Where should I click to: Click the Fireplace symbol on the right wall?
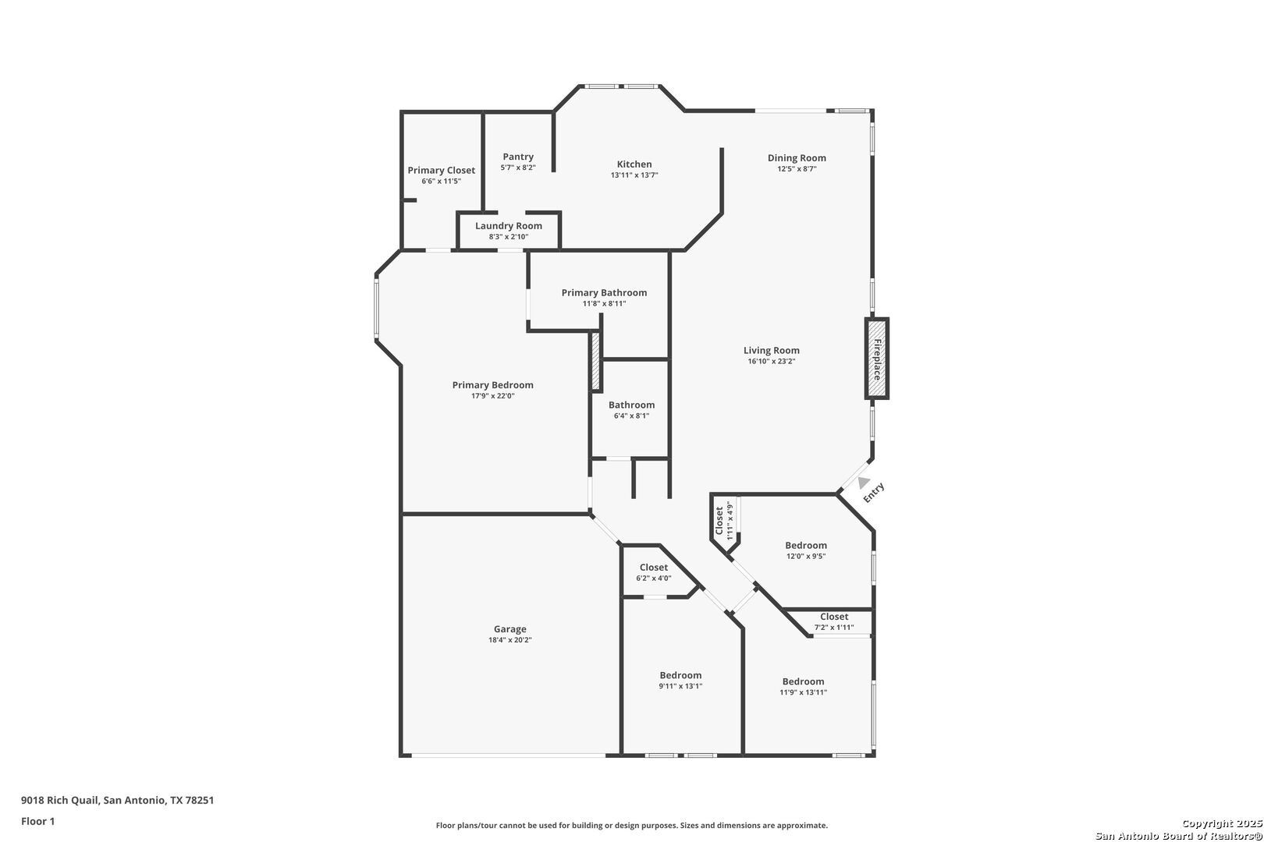click(x=877, y=359)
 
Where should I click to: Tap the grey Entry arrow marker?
click(x=864, y=483)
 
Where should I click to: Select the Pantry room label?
click(x=518, y=157)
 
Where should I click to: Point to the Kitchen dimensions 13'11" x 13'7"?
click(x=634, y=175)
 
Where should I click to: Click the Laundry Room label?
click(x=509, y=225)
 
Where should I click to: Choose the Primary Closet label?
click(x=442, y=170)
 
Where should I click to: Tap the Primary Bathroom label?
click(x=604, y=292)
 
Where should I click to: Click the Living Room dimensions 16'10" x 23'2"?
click(x=772, y=361)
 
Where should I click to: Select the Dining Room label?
click(x=797, y=158)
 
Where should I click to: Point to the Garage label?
click(x=510, y=629)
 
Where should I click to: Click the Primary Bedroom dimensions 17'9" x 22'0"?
click(x=492, y=396)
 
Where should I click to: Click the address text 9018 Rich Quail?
click(x=60, y=800)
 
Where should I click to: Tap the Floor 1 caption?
click(x=37, y=821)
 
